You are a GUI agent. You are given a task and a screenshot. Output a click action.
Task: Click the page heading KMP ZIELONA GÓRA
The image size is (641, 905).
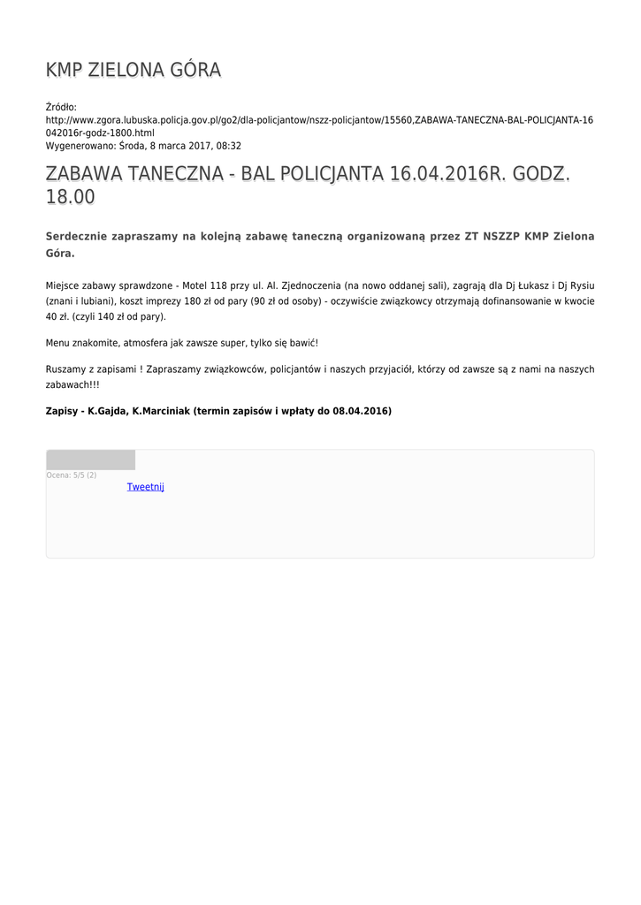point(133,70)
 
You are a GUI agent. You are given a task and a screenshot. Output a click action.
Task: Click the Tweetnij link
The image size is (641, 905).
point(145,487)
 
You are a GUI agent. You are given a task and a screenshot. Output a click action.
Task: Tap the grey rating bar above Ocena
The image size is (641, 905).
point(90,460)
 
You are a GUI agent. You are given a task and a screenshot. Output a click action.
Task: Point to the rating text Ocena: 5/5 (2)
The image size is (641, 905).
point(72,475)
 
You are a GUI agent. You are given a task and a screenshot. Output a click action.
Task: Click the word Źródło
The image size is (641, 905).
point(61,107)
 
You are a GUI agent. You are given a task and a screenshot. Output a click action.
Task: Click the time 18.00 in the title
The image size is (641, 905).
point(70,198)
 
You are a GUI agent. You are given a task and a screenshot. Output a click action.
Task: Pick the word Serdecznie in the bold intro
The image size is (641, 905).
point(80,237)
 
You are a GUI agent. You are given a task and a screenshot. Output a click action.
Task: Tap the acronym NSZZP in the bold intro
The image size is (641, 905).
point(500,237)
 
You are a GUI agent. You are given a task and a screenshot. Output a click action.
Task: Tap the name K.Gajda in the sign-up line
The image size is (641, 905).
point(107,411)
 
